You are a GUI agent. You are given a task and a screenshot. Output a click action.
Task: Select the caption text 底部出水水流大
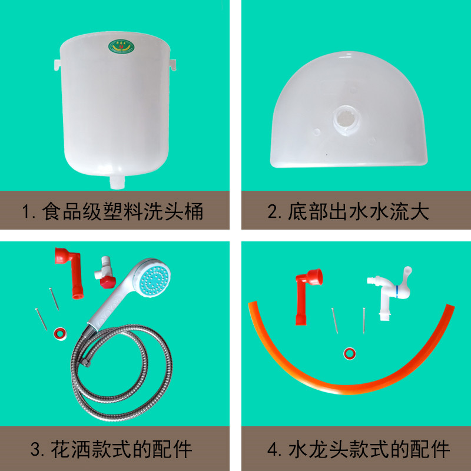point(359,211)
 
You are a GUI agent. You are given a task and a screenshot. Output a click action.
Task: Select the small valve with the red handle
point(106,273)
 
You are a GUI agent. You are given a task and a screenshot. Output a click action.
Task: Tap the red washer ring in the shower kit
point(60,334)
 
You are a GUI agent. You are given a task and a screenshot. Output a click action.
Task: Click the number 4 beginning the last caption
point(273,449)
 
